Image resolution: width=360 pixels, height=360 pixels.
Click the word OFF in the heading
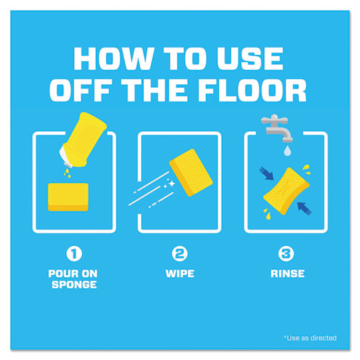(x=81, y=90)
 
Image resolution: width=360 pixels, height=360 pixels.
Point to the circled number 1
(x=74, y=253)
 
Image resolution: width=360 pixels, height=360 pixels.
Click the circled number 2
(x=180, y=253)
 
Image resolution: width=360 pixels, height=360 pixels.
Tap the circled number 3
(x=286, y=253)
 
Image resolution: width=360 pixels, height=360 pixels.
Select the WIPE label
(x=180, y=274)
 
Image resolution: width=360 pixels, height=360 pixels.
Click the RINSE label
(x=287, y=274)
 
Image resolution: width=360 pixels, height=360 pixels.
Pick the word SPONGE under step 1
(x=74, y=284)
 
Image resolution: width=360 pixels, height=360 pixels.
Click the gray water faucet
(x=276, y=128)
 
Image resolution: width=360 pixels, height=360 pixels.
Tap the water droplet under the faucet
(x=287, y=151)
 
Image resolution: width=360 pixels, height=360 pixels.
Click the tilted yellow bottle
(x=83, y=140)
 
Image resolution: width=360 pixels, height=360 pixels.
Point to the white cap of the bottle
(x=66, y=158)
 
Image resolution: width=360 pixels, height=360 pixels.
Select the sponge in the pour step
(x=68, y=197)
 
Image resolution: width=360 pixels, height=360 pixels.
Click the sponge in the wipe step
(x=191, y=173)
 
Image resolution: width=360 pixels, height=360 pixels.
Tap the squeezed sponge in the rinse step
(x=286, y=191)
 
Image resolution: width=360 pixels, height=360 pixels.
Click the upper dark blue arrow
(x=266, y=174)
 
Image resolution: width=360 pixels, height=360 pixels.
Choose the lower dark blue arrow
(x=305, y=209)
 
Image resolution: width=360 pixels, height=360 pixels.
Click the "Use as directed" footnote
(x=310, y=338)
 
